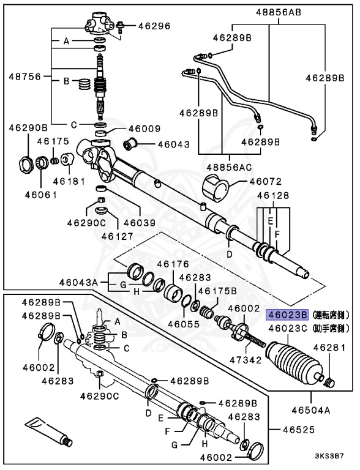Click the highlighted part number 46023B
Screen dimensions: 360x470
(288, 315)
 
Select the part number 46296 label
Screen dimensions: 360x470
(154, 26)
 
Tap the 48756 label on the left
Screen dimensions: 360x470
(24, 76)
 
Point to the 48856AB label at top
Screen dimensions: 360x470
(279, 12)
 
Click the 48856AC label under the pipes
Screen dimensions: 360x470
(230, 167)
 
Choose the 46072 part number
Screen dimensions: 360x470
(266, 181)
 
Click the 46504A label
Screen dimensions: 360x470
(311, 410)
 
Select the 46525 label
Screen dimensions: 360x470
(299, 430)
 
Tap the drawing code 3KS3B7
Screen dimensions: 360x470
(329, 456)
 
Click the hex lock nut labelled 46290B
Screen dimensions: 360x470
(25, 164)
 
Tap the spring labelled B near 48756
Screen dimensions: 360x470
(84, 84)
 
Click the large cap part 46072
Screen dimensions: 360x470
(216, 186)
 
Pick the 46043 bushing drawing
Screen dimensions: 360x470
(130, 144)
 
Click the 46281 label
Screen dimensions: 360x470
(329, 348)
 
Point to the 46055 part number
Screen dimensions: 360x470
(183, 324)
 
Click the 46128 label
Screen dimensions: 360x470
(273, 195)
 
